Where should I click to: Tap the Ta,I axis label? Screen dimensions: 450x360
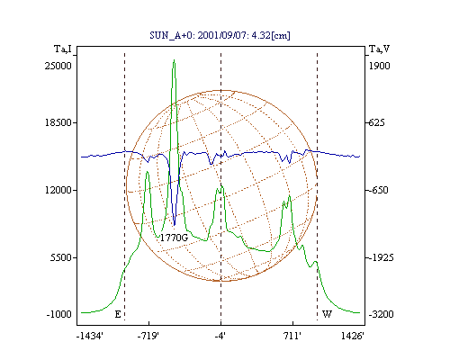pos(63,49)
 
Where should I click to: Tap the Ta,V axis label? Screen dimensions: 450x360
pos(379,49)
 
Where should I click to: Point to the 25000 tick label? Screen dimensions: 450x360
pos(58,66)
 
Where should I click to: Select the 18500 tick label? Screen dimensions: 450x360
pos(58,122)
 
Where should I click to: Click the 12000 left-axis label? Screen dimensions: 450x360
pos(58,190)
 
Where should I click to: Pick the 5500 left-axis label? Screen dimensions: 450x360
pos(61,257)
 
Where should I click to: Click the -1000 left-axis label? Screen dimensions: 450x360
pos(59,314)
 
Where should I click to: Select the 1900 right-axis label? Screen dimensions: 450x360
pos(379,66)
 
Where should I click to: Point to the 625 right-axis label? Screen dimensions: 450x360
pos(376,122)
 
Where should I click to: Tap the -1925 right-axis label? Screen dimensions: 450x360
pos(382,257)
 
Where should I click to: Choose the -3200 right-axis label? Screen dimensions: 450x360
pos(382,314)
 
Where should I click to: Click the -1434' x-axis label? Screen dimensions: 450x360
pos(90,336)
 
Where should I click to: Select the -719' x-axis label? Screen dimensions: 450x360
pos(148,336)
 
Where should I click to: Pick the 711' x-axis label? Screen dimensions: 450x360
pos(292,336)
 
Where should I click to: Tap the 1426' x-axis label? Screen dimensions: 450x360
pos(353,336)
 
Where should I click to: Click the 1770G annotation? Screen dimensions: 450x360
pos(174,238)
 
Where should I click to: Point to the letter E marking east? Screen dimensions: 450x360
pos(118,314)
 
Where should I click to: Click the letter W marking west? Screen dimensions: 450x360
pos(327,314)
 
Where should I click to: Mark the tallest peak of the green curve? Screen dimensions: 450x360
pos(174,60)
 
